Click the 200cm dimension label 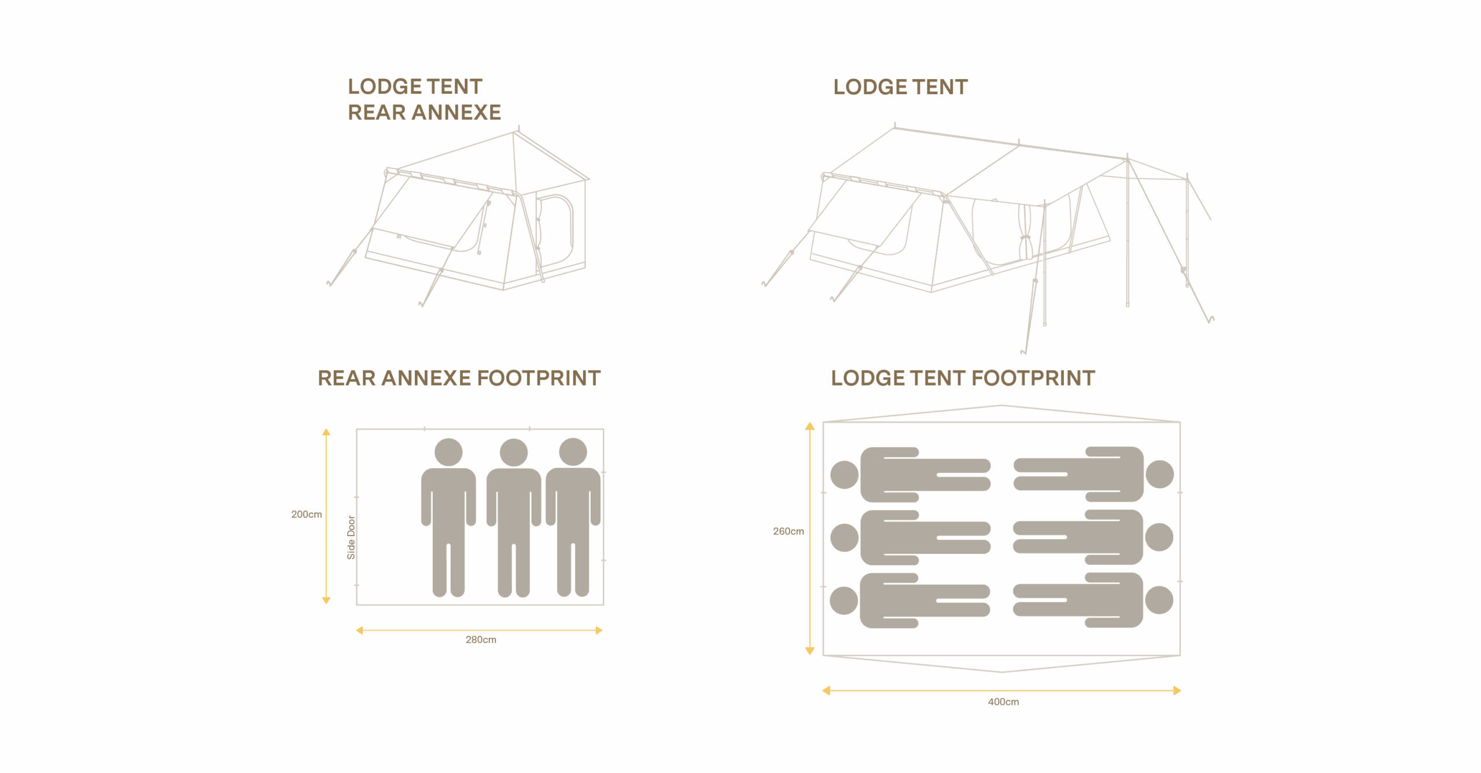[306, 514]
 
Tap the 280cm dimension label [481, 639]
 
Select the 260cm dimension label [788, 531]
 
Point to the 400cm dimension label [1003, 701]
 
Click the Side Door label [351, 537]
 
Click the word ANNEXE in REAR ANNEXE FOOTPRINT [426, 378]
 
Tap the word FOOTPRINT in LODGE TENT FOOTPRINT [1033, 378]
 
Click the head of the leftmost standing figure [448, 452]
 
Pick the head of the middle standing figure [514, 452]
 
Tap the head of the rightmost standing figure [573, 452]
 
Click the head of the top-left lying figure [844, 475]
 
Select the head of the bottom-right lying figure [1159, 600]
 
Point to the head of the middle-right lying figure [1159, 537]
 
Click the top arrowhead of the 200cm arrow [326, 432]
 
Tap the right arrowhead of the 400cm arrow [1176, 690]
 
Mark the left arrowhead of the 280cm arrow [360, 630]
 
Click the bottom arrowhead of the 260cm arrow [810, 650]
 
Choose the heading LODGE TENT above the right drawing [900, 87]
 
